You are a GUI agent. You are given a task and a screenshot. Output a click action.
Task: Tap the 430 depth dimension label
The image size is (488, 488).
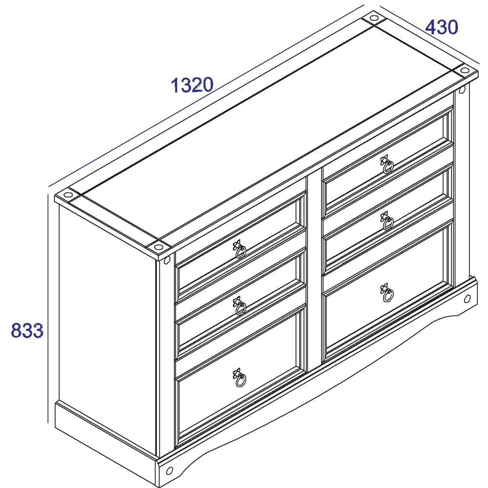[x=442, y=27]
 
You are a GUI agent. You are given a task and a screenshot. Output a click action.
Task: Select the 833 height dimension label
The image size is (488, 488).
[x=27, y=331]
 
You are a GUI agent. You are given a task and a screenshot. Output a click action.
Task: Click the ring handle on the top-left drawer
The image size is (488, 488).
[x=240, y=251]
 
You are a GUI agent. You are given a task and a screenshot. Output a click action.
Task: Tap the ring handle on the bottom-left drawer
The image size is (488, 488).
[x=240, y=379]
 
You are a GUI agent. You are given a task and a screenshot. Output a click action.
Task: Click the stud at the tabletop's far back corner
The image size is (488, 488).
[x=373, y=19]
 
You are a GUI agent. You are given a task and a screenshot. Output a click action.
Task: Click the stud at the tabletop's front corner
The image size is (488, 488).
[x=159, y=246]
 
